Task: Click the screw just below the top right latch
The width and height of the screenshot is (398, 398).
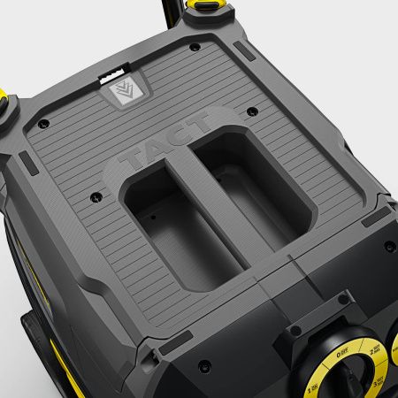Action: point(195,46)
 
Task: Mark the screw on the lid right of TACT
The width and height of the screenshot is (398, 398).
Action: point(252,112)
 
